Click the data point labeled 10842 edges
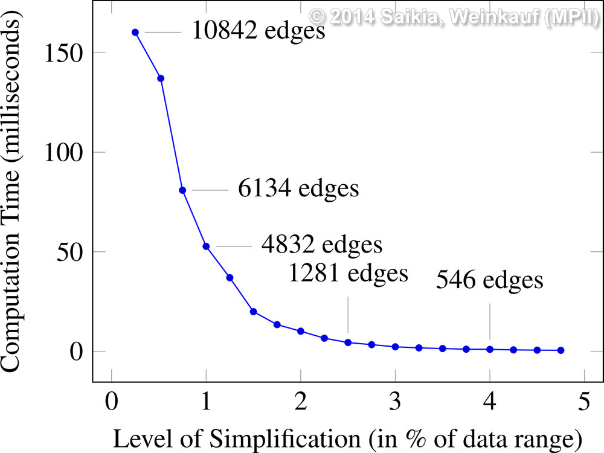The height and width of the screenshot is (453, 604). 135,32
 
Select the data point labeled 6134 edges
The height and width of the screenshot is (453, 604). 182,190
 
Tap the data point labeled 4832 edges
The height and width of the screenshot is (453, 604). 206,246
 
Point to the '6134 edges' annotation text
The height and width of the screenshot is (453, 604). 298,189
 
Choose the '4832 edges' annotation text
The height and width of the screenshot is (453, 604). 322,245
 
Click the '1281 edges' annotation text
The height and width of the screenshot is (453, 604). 348,273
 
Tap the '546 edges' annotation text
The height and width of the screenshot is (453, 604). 490,281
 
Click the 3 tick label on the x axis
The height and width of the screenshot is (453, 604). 395,401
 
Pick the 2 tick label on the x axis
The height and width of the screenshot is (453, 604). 301,401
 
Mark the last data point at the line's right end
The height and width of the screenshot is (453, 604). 561,350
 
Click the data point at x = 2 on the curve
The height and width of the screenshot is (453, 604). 301,331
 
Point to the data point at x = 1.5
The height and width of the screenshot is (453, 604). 254,312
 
